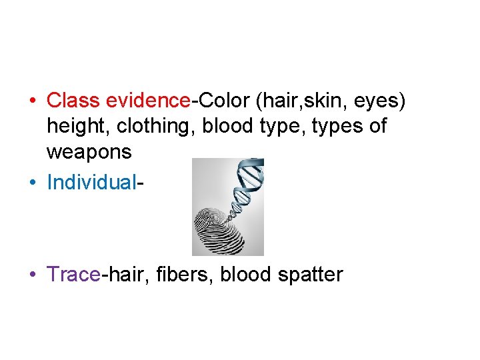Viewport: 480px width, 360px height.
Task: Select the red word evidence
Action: pyautogui.click(x=148, y=101)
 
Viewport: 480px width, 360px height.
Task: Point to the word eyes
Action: pyautogui.click(x=377, y=102)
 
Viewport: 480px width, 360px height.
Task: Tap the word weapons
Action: pyautogui.click(x=89, y=153)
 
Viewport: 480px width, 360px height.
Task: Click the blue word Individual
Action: pyautogui.click(x=91, y=182)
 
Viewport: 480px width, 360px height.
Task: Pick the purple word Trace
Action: pyautogui.click(x=73, y=274)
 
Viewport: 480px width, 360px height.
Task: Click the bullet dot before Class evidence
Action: pyautogui.click(x=32, y=101)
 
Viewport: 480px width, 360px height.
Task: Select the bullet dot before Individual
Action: pyautogui.click(x=32, y=183)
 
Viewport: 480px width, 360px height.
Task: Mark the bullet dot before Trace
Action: pyautogui.click(x=32, y=275)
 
